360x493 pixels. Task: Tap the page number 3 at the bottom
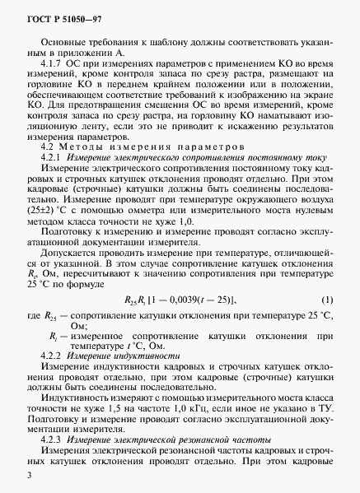click(29, 475)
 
